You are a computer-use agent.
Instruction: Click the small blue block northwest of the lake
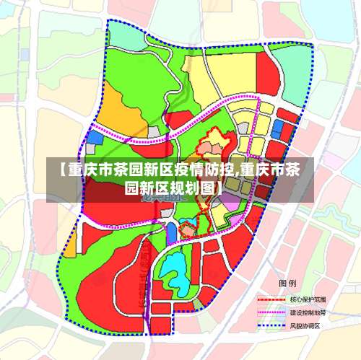[x=171, y=233]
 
